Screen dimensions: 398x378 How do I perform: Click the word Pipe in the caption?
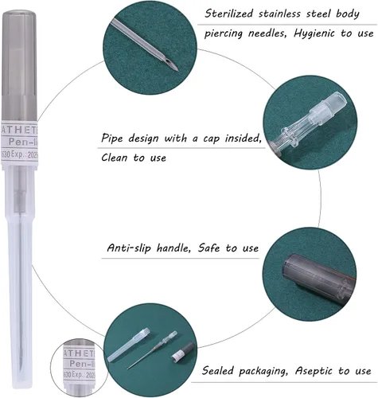tap(115, 137)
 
